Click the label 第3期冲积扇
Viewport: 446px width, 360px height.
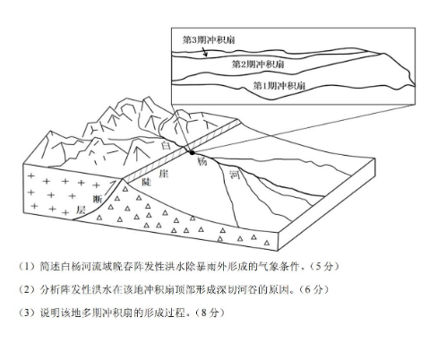point(209,39)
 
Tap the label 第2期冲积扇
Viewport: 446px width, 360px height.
point(258,64)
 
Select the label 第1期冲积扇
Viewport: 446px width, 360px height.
point(279,86)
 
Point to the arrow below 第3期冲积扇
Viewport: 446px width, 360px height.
point(203,51)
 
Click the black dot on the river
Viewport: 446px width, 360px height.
point(192,152)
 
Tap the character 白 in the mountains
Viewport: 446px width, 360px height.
point(166,145)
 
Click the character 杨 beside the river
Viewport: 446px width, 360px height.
point(202,161)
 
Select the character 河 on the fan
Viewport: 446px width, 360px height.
point(235,174)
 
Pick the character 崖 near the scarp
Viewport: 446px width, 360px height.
point(163,173)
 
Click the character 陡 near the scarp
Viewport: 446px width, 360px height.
point(146,181)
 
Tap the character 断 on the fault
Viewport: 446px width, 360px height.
point(98,199)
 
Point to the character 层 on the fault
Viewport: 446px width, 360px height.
point(81,210)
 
